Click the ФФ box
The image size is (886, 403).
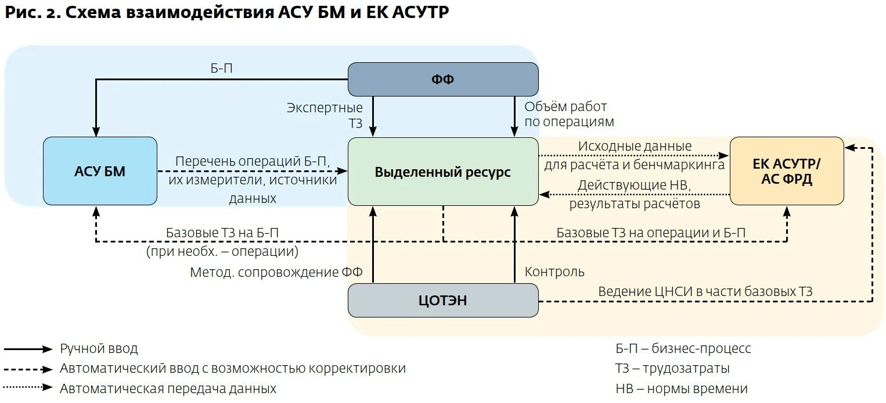point(442,80)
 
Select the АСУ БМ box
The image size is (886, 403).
point(100,171)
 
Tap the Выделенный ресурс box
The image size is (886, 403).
point(442,172)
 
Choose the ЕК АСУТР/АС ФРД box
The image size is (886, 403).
point(786,171)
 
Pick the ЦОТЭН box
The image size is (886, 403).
point(442,300)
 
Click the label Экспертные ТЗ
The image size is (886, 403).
point(325,115)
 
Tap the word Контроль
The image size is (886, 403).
point(554,272)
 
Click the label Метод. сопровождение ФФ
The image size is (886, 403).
point(276,272)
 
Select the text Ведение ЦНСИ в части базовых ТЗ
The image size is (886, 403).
point(705,291)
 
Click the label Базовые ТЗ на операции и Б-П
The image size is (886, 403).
point(651,233)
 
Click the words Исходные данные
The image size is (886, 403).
point(635,146)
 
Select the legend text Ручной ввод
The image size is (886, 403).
point(99,349)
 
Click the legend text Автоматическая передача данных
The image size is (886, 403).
point(168,388)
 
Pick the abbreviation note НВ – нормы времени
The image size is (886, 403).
point(681,388)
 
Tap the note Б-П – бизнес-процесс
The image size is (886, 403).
point(683,348)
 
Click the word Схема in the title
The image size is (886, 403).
point(93,13)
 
